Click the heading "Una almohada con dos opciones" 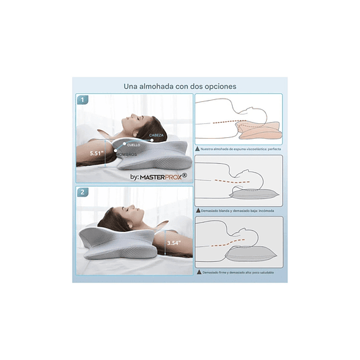[179, 86]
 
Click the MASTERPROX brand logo [159, 177]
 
